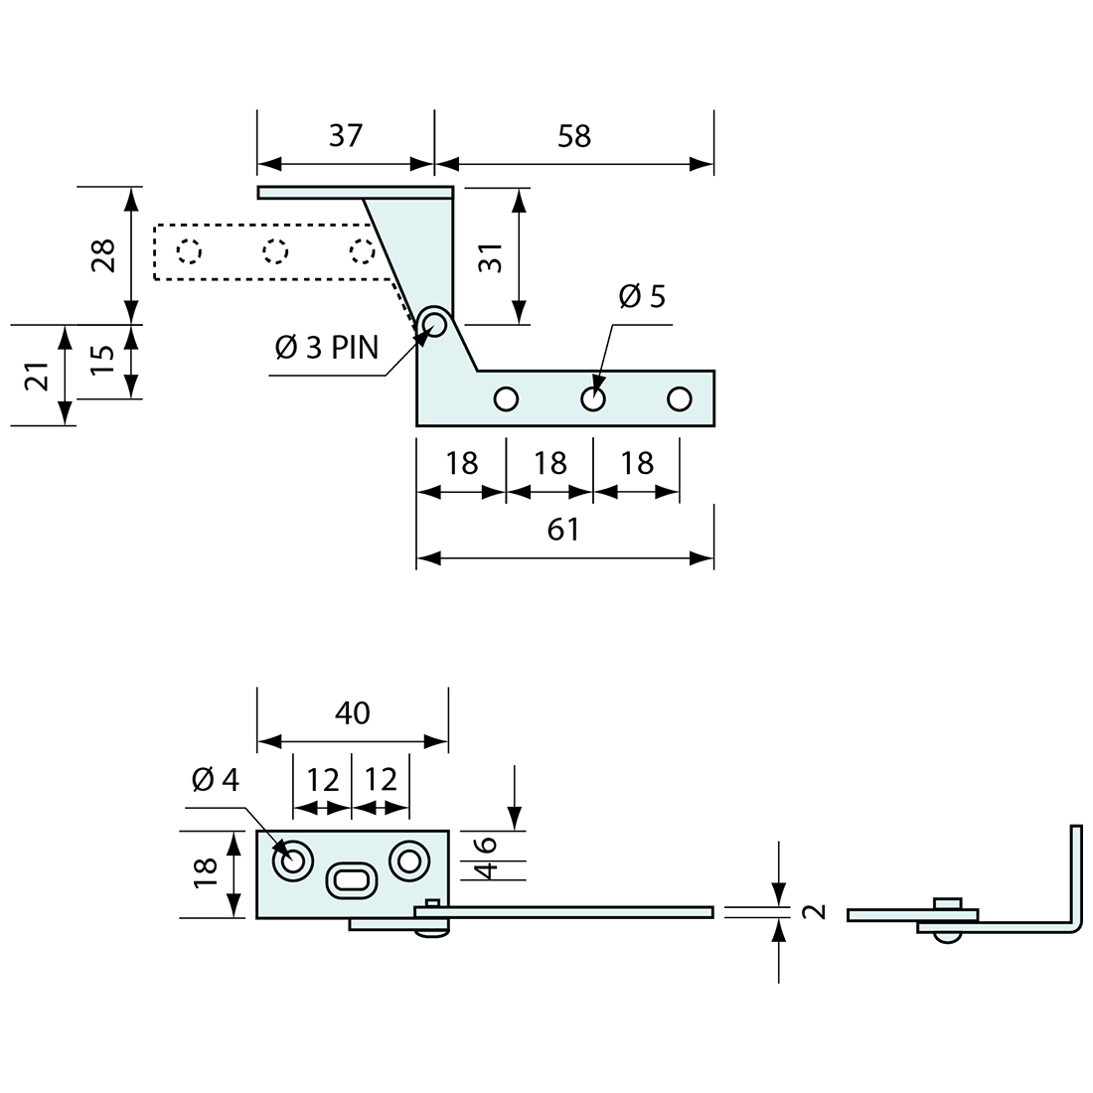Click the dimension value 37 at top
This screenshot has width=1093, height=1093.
coord(345,135)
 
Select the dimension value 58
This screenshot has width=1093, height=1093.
coord(574,135)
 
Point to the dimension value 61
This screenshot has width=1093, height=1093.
coord(563,530)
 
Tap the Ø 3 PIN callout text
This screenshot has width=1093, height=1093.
coord(327,348)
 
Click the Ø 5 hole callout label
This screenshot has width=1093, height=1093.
coord(642,296)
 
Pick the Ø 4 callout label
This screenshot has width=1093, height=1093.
coord(216,780)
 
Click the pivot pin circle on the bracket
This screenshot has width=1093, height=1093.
coord(433,323)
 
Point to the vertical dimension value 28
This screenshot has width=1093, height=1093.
coord(103,254)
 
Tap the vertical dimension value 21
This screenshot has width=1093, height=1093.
coord(36,377)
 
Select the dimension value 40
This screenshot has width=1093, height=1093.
coord(352,712)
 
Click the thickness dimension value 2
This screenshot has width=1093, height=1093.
coord(815,910)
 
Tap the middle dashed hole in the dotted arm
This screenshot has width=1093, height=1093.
coord(275,251)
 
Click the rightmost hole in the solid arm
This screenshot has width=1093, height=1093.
coord(680,399)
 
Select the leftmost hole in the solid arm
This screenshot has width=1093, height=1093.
coord(506,399)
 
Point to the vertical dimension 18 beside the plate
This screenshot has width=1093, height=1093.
coord(205,871)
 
